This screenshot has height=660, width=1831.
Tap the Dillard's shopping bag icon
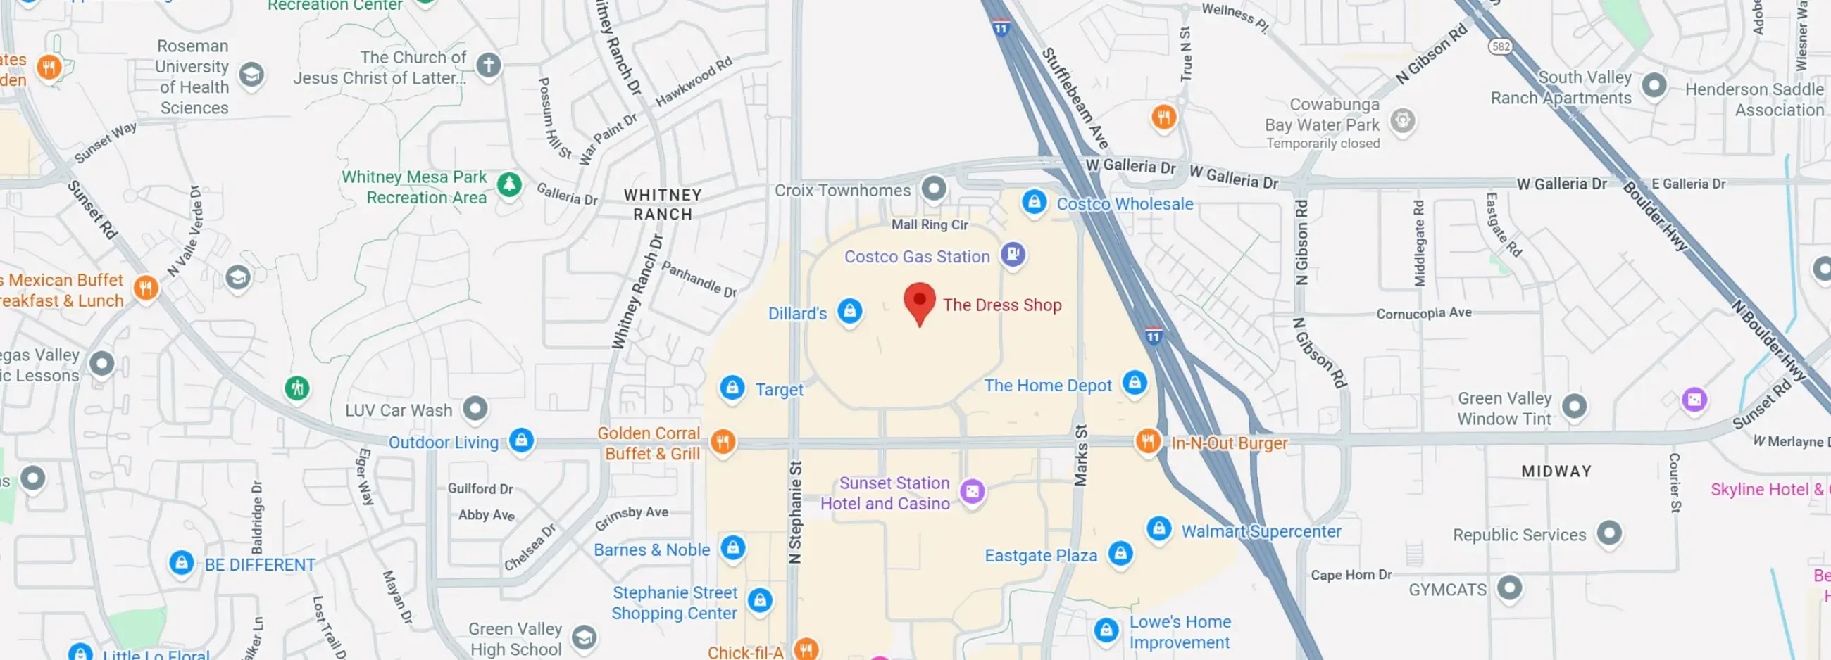849,310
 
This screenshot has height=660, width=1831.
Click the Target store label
779,389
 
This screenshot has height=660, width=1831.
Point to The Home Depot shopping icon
1135,382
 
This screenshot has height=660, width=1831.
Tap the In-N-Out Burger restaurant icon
1148,440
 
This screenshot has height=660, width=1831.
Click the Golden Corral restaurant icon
723,441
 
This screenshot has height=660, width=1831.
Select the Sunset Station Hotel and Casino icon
973,491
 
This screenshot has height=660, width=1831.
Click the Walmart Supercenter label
1261,531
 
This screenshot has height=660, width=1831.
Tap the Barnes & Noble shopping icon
733,547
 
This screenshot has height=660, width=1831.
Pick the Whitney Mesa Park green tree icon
509,184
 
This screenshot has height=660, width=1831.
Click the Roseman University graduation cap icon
251,73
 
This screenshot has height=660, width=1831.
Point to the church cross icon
488,65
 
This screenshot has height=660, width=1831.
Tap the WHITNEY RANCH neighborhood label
663,204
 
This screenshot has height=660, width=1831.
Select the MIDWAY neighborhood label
1556,471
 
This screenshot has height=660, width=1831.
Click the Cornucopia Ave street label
1424,312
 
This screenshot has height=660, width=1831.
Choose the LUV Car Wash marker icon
475,408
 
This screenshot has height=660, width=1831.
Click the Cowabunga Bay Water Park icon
1402,120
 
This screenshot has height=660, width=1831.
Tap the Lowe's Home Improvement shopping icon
1106,629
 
